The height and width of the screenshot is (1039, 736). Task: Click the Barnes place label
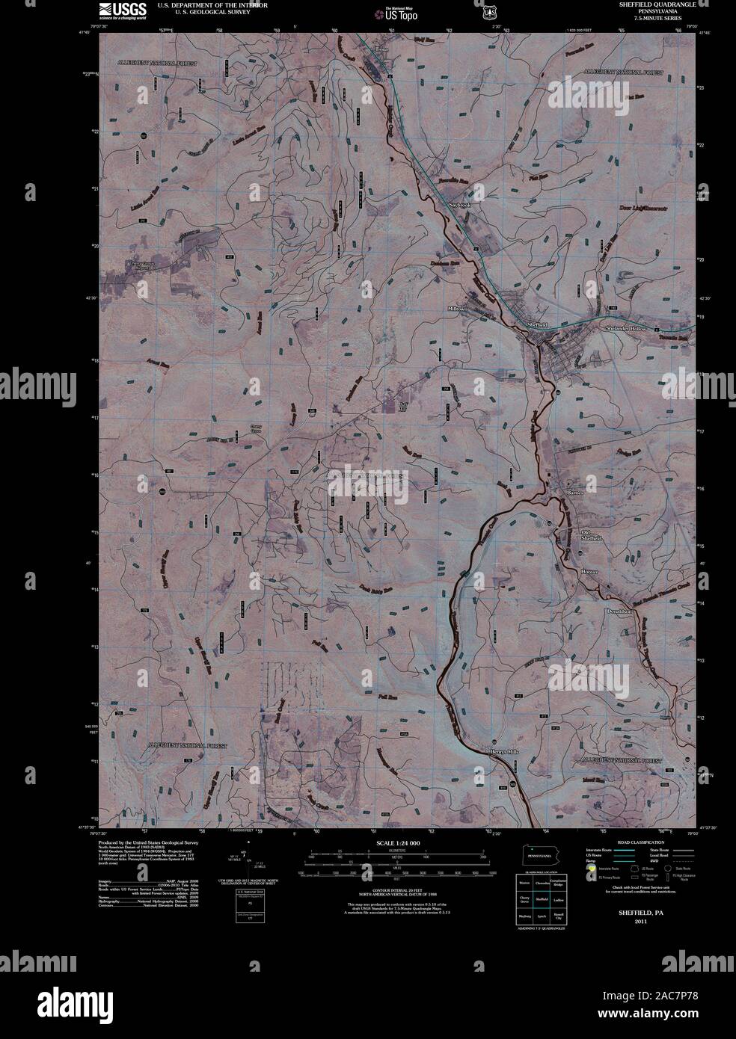(574, 493)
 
